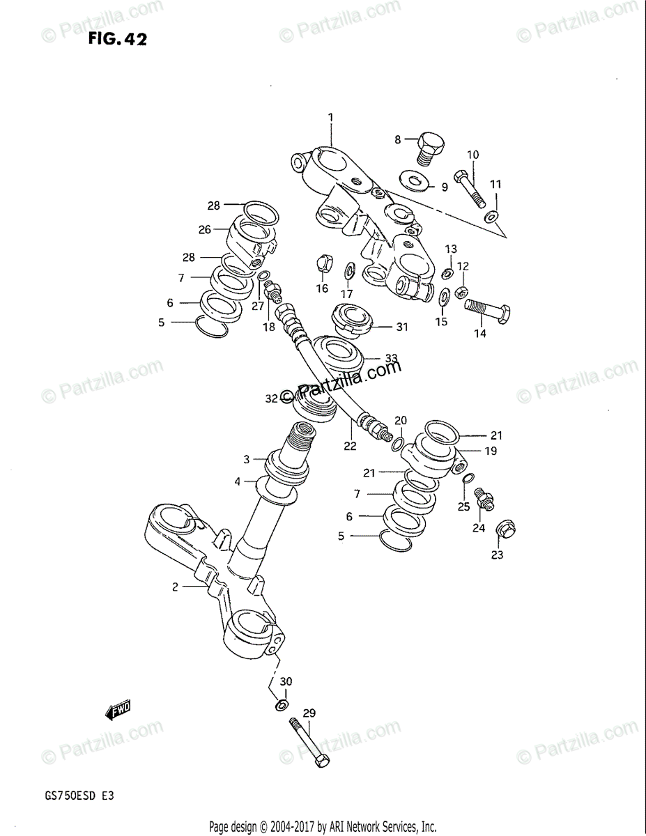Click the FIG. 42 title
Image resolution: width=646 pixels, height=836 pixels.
(x=118, y=40)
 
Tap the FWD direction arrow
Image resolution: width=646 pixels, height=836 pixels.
(x=118, y=711)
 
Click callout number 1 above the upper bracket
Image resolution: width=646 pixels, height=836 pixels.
(x=331, y=117)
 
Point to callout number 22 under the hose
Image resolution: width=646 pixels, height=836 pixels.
(x=350, y=446)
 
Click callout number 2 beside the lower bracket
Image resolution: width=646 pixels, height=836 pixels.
(x=176, y=587)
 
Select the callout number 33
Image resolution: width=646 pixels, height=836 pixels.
(x=391, y=358)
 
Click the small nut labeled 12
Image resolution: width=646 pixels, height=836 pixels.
(x=461, y=292)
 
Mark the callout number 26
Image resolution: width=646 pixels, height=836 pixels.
(x=204, y=229)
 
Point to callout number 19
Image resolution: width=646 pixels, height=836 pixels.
(x=491, y=451)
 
